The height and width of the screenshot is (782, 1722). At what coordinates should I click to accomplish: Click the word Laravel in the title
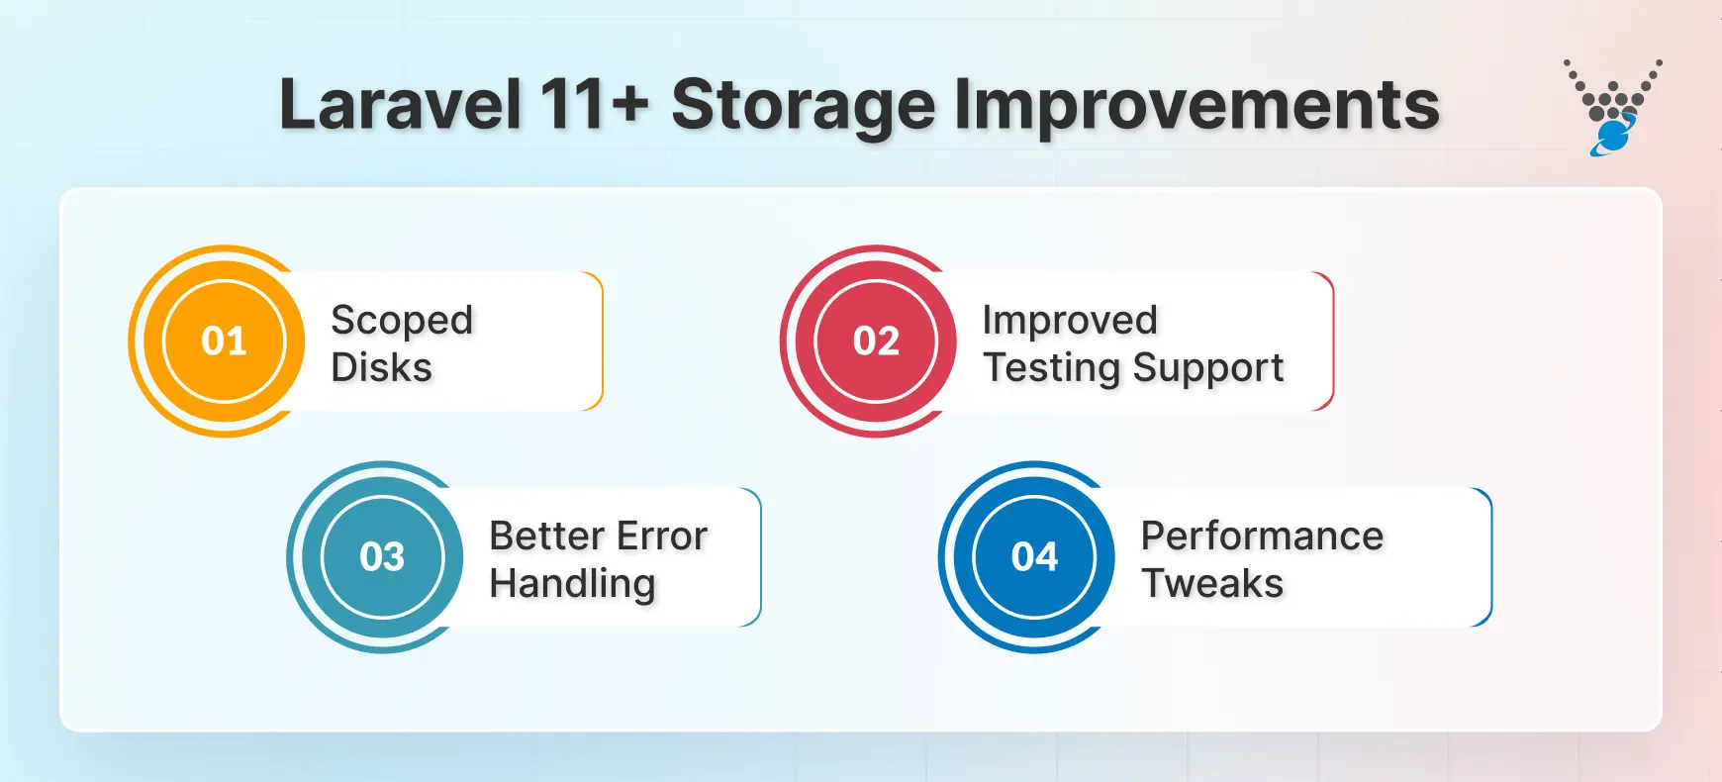400,105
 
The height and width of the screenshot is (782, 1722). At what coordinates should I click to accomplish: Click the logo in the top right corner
1613,107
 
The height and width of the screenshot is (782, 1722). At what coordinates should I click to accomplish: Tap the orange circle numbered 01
225,342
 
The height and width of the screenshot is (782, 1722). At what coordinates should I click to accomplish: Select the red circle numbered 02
876,342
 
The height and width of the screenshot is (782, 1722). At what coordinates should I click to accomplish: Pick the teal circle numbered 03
382,557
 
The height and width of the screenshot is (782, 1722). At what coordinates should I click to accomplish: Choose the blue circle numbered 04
1034,557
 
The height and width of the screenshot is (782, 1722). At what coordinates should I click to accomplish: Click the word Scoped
402,321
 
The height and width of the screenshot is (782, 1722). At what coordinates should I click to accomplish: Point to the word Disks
381,368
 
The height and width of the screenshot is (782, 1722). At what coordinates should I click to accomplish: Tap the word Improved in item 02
1069,321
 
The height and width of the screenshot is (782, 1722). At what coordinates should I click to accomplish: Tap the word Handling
572,584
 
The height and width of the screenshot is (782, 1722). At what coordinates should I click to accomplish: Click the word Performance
1262,536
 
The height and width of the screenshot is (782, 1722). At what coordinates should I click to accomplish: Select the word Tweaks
1212,584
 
